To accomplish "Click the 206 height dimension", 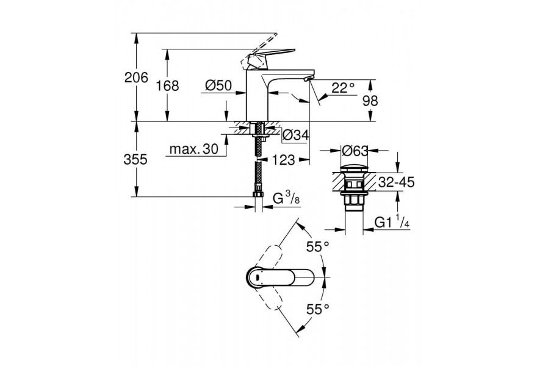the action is point(136,77).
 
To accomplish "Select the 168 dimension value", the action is point(167,85).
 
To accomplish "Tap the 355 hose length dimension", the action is point(135,159).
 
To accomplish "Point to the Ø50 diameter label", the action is point(218,85).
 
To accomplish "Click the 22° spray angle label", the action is point(343,88).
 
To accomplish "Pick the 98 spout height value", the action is point(370,101).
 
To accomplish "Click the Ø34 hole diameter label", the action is point(295,135).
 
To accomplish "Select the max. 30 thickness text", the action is point(194,149).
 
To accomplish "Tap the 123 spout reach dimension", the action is point(283,160).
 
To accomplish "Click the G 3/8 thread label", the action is point(286,198).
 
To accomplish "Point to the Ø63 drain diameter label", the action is point(355,151).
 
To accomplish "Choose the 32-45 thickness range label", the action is point(396,182).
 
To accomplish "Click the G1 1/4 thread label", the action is point(392,222).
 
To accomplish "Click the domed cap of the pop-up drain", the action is point(354,169).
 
